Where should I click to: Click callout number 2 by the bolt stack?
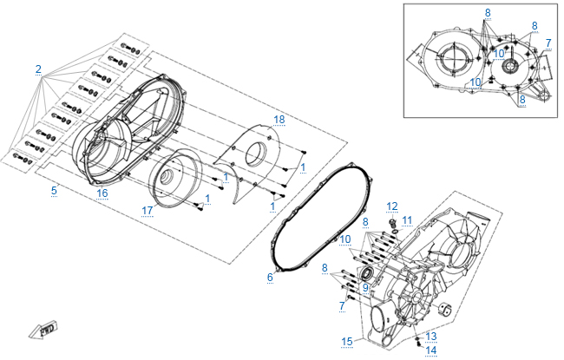38,69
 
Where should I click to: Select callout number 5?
54,189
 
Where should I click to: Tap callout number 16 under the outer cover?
102,192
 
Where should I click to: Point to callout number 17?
148,210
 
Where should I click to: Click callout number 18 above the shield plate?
279,118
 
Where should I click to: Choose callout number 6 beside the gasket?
270,277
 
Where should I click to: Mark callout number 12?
392,206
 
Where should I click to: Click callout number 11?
407,219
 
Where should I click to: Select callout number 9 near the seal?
365,287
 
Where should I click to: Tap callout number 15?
347,341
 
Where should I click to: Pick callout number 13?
431,335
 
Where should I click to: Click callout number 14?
431,350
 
